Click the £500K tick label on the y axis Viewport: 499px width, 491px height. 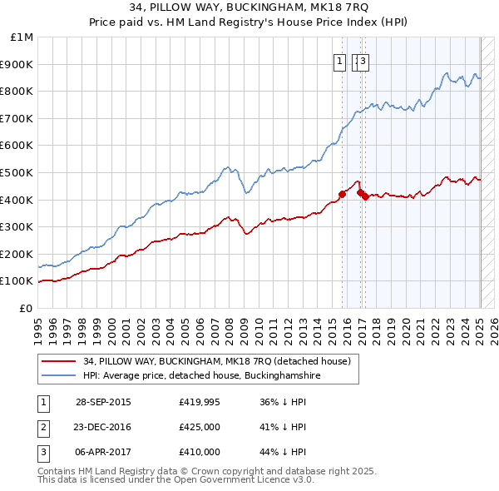(x=17, y=172)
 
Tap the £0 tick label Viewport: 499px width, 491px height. (x=27, y=308)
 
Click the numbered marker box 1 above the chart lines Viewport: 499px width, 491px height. (x=340, y=60)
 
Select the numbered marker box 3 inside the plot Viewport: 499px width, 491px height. (x=364, y=60)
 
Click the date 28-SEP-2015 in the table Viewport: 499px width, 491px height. (x=103, y=402)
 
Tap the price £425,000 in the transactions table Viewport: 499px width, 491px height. (x=200, y=427)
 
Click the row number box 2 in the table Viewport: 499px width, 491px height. (x=42, y=427)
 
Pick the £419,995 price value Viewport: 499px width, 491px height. (x=200, y=402)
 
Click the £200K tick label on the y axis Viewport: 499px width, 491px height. (x=17, y=254)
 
